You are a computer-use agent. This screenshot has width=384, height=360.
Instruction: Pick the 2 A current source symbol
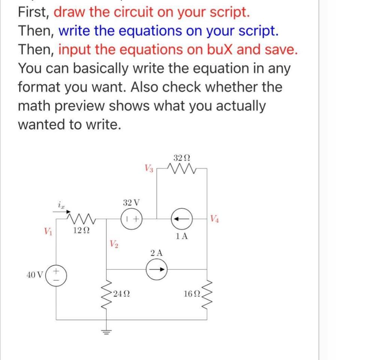156,269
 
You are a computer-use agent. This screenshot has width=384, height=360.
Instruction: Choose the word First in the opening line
33,12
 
